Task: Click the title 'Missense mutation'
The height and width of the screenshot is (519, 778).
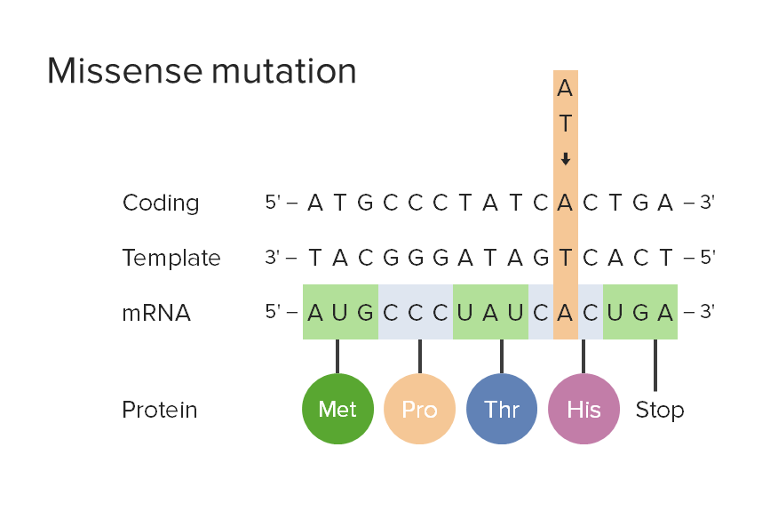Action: pos(202,71)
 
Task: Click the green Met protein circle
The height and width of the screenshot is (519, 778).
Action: pos(337,409)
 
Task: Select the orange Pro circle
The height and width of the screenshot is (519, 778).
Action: pos(419,409)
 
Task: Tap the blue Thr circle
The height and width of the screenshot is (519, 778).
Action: pos(502,409)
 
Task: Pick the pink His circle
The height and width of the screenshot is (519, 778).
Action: pos(583,409)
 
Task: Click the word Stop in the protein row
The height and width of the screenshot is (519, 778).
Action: pos(659,410)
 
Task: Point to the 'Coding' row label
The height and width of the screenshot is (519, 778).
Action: pos(161,204)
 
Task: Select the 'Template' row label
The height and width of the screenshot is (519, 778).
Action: pos(171,258)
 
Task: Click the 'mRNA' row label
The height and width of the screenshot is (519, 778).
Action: pos(156,313)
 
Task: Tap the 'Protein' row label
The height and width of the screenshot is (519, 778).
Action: pos(160,410)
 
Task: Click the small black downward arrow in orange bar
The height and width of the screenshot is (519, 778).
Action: pos(565,159)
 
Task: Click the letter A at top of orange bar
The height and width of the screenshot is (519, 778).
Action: pos(565,89)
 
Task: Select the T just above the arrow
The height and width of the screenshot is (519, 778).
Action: pos(565,124)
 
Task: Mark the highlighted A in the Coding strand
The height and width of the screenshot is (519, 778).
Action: pos(565,204)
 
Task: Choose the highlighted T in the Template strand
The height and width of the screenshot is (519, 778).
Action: pos(565,258)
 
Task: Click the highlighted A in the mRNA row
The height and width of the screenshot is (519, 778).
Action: pos(565,313)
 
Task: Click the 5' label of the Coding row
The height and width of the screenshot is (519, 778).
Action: pos(273,203)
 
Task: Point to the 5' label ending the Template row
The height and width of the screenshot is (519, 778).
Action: pos(706,258)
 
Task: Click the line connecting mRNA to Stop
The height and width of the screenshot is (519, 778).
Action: pos(655,364)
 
